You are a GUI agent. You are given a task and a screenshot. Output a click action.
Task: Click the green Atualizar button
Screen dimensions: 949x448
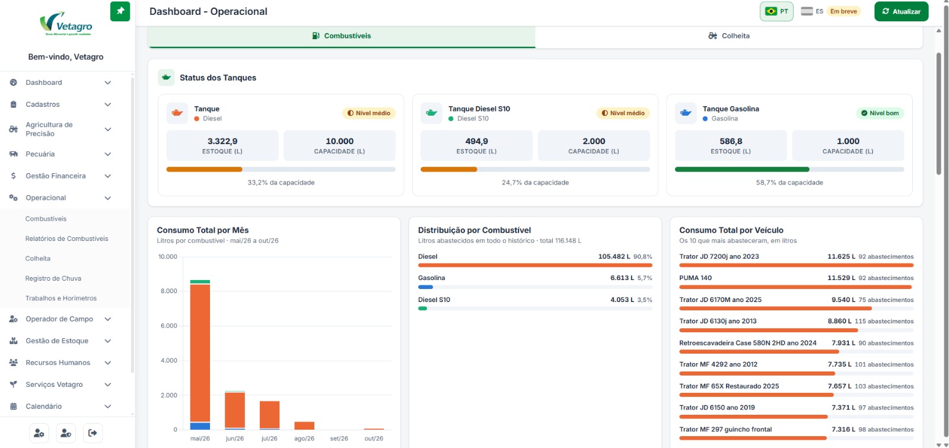pos(901,11)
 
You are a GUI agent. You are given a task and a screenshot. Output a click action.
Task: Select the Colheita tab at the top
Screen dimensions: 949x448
pos(729,36)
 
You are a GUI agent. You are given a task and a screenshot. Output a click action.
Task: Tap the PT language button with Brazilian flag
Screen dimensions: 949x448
pos(776,11)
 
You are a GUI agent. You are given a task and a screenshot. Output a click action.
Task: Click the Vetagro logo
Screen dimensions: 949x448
pos(66,23)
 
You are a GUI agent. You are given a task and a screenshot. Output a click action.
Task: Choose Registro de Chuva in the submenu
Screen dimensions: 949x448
pos(53,278)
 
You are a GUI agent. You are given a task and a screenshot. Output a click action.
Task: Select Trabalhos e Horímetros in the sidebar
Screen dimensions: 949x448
pos(60,298)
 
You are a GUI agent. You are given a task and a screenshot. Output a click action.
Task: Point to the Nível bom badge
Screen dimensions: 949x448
pos(880,113)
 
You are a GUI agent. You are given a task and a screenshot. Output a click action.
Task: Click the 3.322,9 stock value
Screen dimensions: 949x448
pos(222,141)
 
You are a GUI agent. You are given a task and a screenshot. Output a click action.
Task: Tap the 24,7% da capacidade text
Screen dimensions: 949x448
pos(535,183)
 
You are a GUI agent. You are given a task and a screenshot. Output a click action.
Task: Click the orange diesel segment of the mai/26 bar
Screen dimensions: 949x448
pos(200,353)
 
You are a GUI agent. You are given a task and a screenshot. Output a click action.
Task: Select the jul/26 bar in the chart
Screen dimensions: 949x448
pos(269,415)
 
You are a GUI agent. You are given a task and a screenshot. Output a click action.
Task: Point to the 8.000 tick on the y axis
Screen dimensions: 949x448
pos(168,291)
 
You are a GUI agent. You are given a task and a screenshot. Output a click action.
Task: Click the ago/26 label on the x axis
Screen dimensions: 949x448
pos(304,439)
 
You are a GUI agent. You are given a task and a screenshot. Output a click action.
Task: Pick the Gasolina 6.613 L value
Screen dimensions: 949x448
pos(622,278)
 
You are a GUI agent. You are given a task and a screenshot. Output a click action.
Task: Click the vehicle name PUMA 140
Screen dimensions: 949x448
pos(695,278)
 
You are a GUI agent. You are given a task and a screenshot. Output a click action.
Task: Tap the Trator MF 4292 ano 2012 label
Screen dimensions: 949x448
pos(718,364)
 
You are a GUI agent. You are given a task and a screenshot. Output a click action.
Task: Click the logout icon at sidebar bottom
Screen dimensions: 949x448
pos(93,433)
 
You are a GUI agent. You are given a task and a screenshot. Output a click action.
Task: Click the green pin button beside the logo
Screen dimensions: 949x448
pos(120,11)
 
